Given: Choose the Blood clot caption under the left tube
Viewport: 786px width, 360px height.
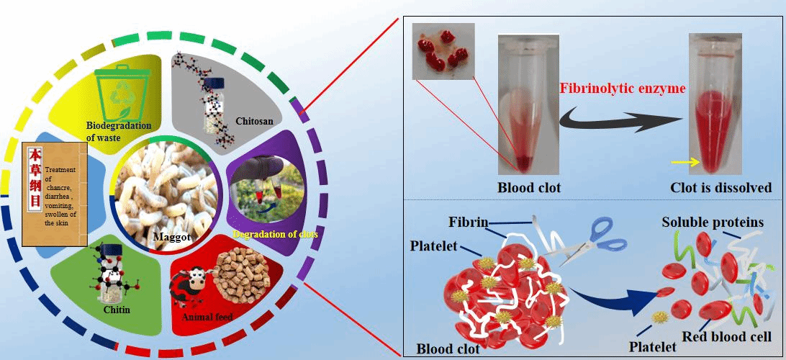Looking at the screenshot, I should point(530,188).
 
